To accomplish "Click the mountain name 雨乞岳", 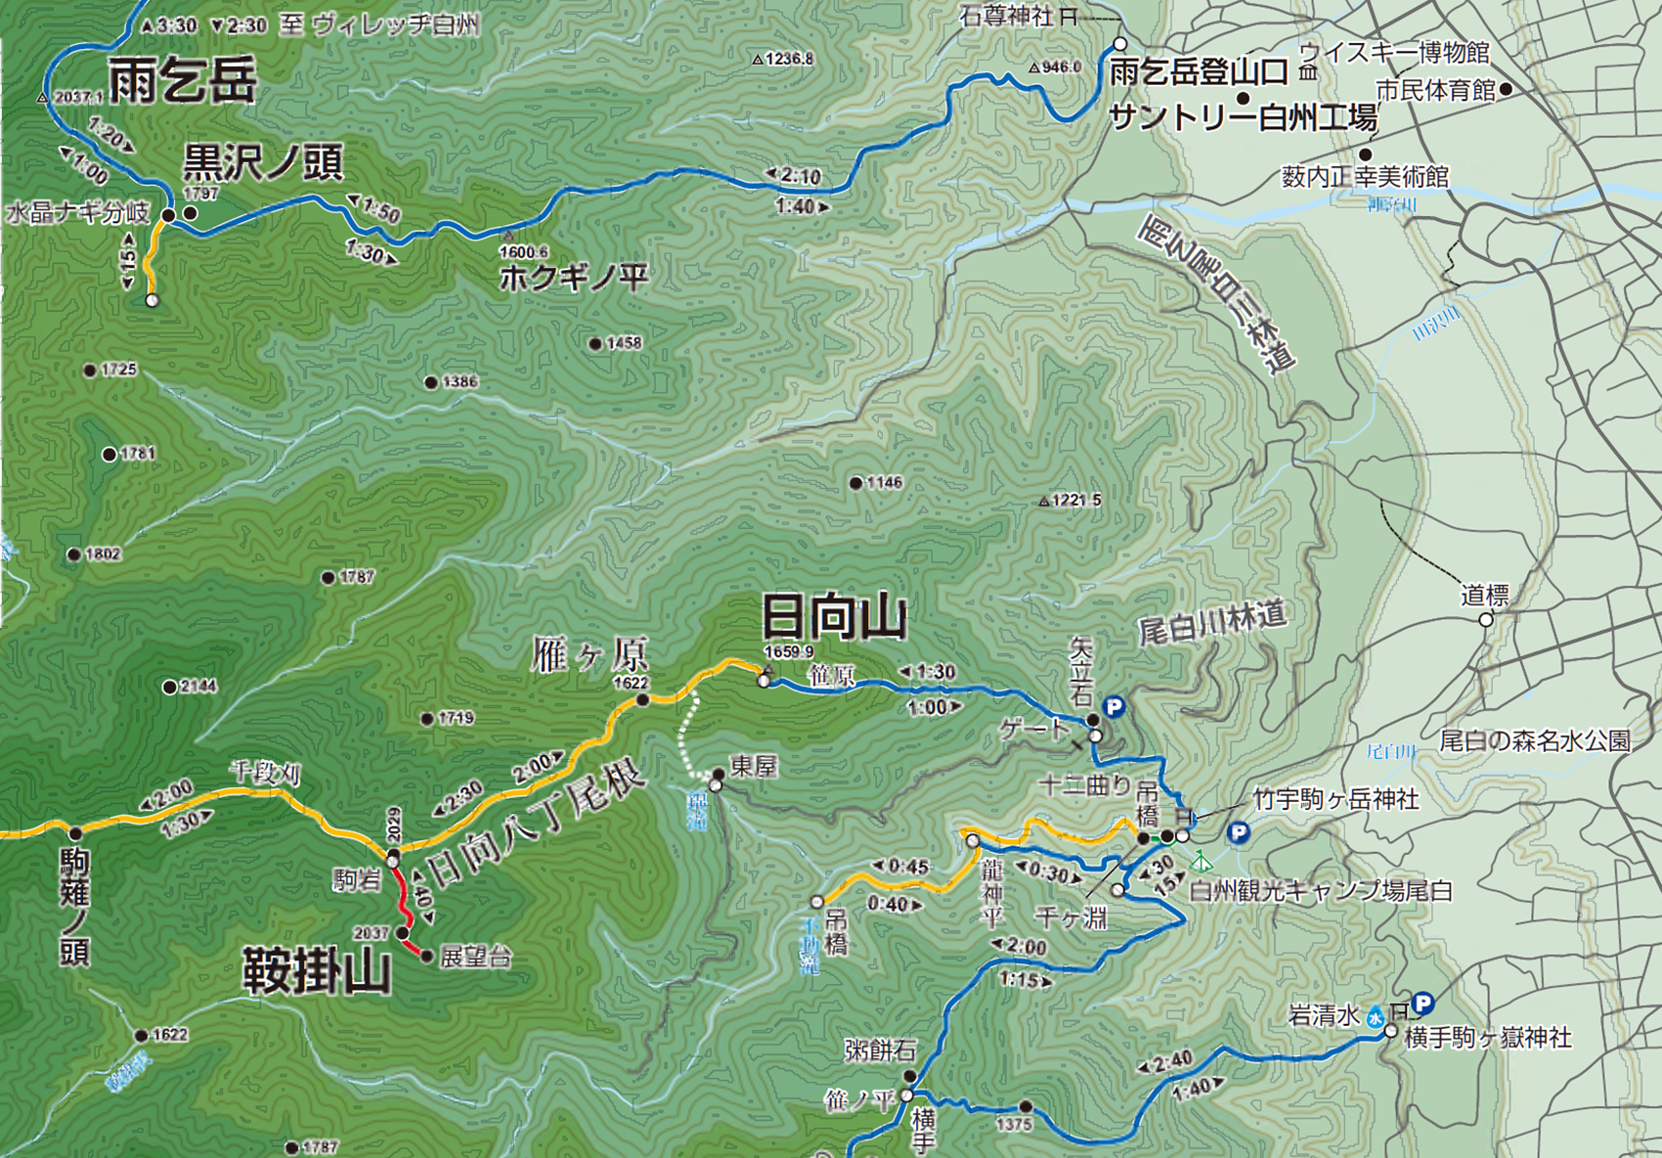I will click(183, 80).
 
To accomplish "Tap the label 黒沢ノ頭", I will click(263, 162).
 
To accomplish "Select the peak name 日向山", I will click(834, 618).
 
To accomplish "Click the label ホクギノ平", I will click(574, 279).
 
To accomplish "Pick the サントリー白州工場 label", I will click(1244, 118).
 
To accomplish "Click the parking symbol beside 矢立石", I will click(1113, 707).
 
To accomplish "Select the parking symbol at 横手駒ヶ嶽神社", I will click(1422, 1003).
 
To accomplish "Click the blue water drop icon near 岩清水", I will click(1376, 1017).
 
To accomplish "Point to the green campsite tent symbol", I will click(1203, 862).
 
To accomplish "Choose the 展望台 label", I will click(476, 958).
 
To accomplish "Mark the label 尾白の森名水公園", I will click(1534, 741).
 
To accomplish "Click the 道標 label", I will click(1485, 595).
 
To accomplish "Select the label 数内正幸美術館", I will click(1365, 177).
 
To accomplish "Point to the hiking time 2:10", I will click(800, 176).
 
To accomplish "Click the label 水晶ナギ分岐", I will click(78, 213).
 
